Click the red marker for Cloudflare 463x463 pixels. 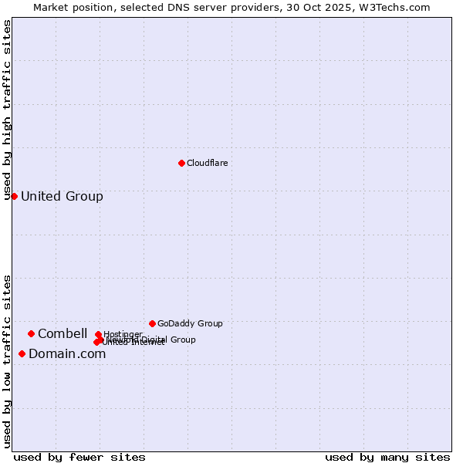pos(181,163)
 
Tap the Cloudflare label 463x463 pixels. pos(207,164)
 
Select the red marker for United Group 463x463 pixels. pos(14,196)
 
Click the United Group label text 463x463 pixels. pos(62,196)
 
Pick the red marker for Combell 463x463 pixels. pos(31,333)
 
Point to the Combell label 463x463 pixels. pos(63,333)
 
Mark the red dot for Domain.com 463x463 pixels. pos(22,353)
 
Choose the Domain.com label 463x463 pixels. pos(67,354)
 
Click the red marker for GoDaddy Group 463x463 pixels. pos(152,323)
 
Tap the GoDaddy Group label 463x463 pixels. pos(190,324)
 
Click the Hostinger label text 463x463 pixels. pos(123,334)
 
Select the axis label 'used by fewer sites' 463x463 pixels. pos(79,457)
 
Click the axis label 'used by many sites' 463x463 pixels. pos(387,457)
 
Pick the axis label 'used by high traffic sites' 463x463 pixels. pos(7,110)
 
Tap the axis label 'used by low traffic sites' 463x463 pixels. pos(7,361)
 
